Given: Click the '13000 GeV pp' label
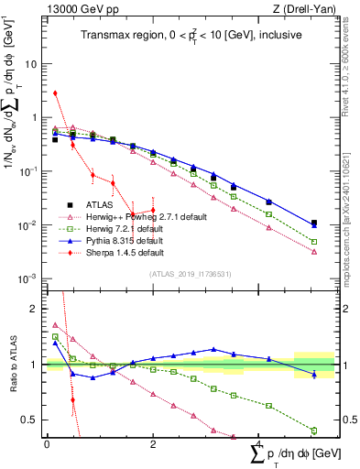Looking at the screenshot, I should pos(76,8).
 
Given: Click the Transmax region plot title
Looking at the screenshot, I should pos(183,36).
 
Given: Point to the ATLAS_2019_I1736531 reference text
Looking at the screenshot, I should pos(183,273).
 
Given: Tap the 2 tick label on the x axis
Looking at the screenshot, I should pos(152,444).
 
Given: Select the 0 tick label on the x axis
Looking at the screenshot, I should pos(47,444).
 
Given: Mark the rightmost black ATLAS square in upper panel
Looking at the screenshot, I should pos(314,223).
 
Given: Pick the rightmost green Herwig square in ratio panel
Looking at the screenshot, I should pos(314,430).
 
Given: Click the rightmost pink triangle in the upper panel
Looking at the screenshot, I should pos(314,251).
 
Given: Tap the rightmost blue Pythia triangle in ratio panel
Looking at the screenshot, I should pos(314,374).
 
